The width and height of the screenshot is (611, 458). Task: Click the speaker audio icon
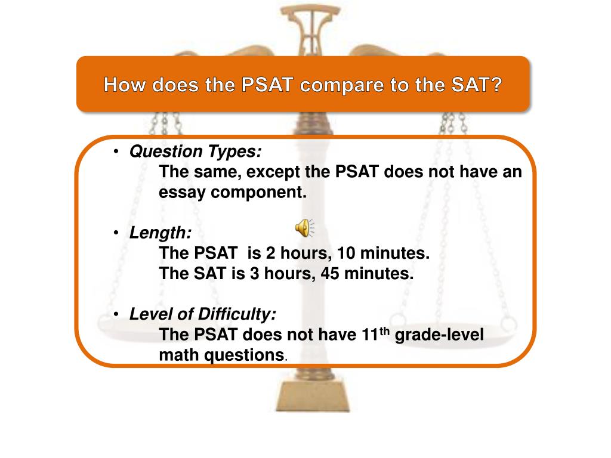click(x=304, y=227)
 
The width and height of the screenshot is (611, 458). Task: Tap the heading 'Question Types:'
click(x=195, y=152)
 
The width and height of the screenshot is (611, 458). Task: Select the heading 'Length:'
click(x=161, y=233)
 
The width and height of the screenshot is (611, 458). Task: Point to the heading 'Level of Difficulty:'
click(x=203, y=314)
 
